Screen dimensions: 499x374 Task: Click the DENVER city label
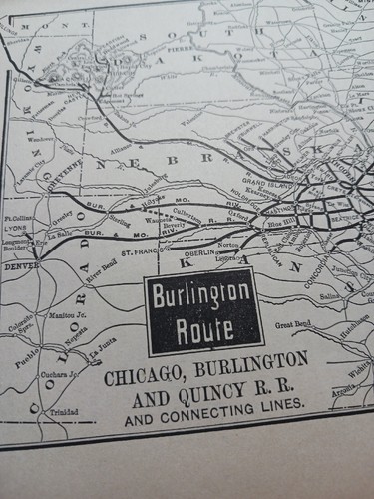pos(22,267)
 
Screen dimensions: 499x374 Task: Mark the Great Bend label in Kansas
pos(296,323)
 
